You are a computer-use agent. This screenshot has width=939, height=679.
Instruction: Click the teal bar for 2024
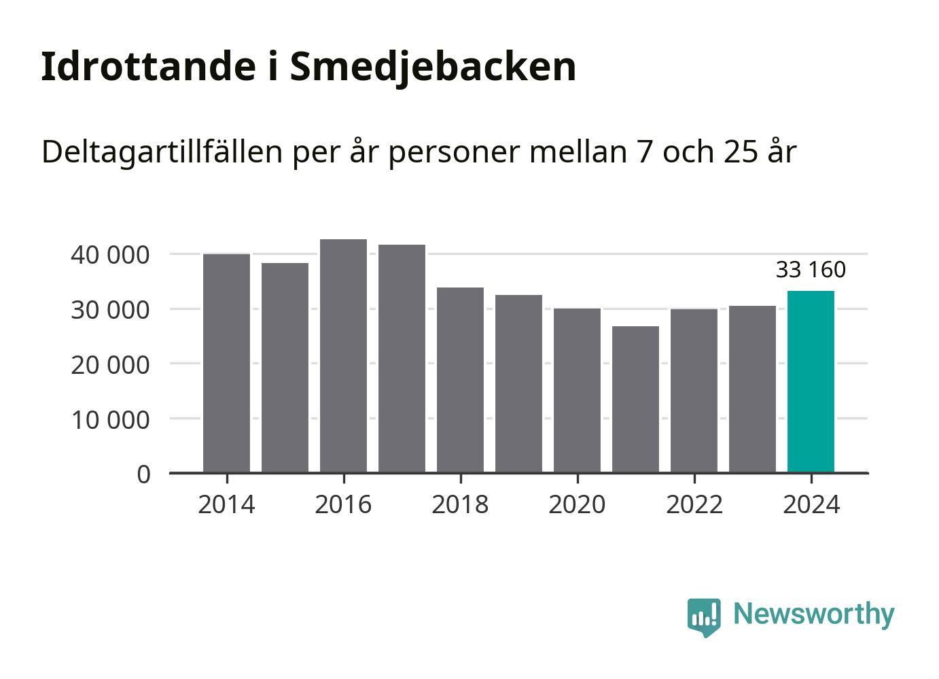pyautogui.click(x=811, y=381)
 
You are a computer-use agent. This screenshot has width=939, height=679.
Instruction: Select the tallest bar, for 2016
pyautogui.click(x=343, y=355)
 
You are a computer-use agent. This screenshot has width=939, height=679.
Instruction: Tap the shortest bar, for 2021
pyautogui.click(x=635, y=399)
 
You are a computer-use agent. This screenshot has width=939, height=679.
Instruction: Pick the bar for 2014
pyautogui.click(x=226, y=363)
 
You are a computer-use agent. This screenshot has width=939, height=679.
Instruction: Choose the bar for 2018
pyautogui.click(x=460, y=380)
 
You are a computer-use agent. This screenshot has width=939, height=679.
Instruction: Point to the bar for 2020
pyautogui.click(x=577, y=390)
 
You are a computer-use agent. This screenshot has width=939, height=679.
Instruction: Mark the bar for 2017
pyautogui.click(x=402, y=358)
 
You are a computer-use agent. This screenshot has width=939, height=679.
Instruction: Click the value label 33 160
pyautogui.click(x=811, y=270)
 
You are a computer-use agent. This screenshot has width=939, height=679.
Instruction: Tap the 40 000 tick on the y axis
pyautogui.click(x=109, y=255)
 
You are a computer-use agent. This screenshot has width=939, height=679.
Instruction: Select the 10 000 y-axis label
pyautogui.click(x=109, y=419)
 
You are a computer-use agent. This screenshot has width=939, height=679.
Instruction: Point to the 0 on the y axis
pyautogui.click(x=143, y=474)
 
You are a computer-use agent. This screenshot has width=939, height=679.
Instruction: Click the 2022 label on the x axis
pyautogui.click(x=694, y=505)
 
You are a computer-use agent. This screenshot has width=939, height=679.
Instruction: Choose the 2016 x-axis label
pyautogui.click(x=343, y=505)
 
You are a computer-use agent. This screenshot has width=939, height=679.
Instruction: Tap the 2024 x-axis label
pyautogui.click(x=811, y=505)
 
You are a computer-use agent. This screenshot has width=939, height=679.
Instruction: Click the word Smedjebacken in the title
pyautogui.click(x=433, y=67)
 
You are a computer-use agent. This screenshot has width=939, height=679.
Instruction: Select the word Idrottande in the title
pyautogui.click(x=144, y=67)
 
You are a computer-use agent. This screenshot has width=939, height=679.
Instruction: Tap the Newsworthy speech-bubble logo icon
pyautogui.click(x=703, y=616)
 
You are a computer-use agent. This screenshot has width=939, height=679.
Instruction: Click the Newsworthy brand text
pyautogui.click(x=813, y=614)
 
